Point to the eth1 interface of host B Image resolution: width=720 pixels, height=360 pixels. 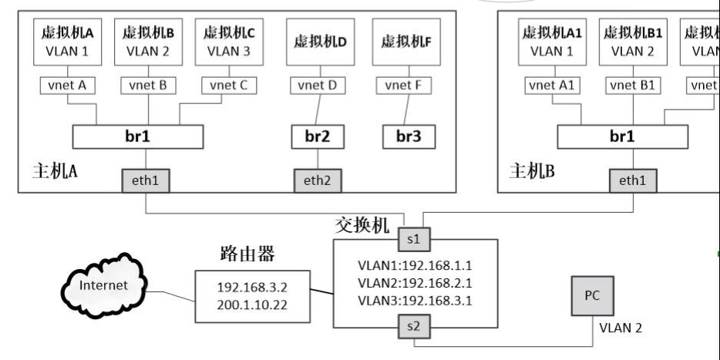pyautogui.click(x=631, y=181)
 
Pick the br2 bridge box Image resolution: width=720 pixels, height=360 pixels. pyautogui.click(x=318, y=137)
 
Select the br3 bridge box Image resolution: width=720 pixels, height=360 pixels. pyautogui.click(x=409, y=137)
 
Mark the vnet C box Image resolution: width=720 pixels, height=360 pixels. pyautogui.click(x=228, y=85)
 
